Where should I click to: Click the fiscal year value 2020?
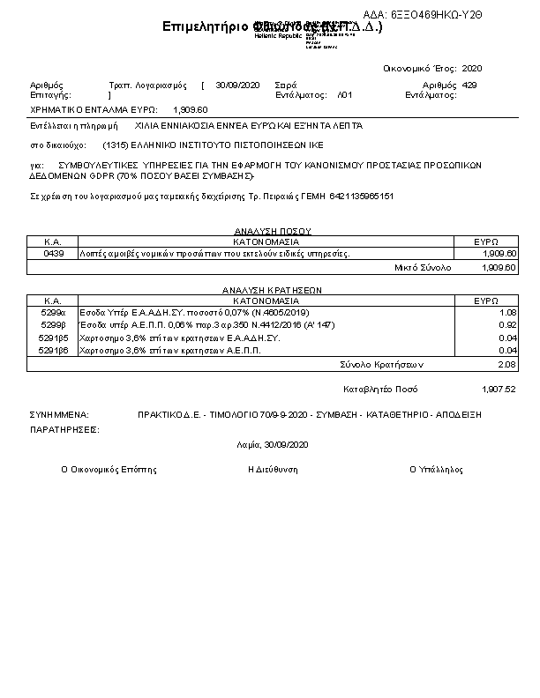[x=472, y=68]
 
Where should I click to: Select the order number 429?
[x=469, y=85]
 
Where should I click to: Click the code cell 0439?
[x=53, y=254]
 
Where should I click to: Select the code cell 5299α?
[x=53, y=312]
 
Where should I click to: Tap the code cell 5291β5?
[x=53, y=338]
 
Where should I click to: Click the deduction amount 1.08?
[x=507, y=312]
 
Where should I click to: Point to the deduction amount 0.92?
[x=507, y=325]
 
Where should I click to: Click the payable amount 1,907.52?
[x=499, y=389]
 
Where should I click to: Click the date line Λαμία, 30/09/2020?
[x=268, y=446]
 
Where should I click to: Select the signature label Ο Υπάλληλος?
[x=436, y=470]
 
